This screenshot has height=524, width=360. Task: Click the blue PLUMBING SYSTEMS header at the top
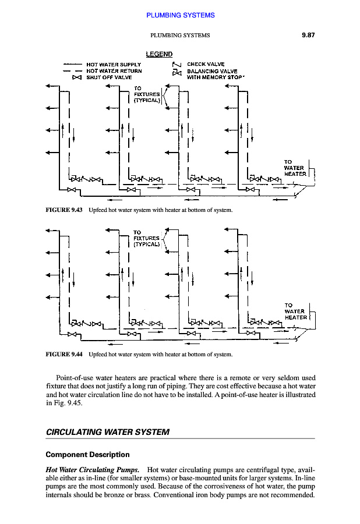click(x=180, y=15)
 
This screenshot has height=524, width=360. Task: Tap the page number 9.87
click(x=308, y=36)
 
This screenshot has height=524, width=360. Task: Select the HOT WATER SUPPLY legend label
click(x=113, y=65)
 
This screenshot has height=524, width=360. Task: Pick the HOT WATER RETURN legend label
click(x=113, y=70)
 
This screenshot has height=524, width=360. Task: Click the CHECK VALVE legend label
click(x=206, y=65)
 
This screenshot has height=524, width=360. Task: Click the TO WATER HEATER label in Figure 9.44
click(x=295, y=311)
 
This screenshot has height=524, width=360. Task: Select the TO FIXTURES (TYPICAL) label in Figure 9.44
click(x=146, y=238)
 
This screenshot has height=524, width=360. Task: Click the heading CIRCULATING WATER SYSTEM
click(x=107, y=433)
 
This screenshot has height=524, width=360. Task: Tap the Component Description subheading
click(x=87, y=454)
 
